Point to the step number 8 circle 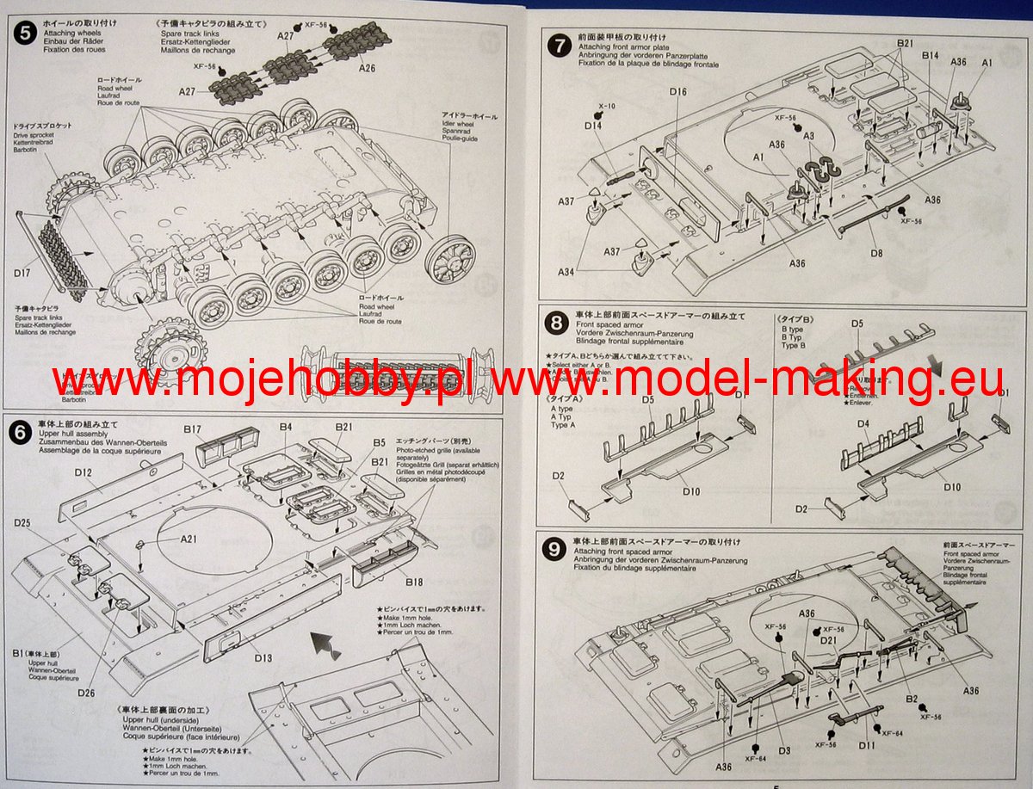point(559,324)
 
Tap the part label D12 point(84,472)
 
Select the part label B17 point(192,428)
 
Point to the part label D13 point(263,658)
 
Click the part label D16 point(677,91)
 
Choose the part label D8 point(876,253)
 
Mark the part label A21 point(189,539)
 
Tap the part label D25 point(22,523)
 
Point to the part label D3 point(783,750)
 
